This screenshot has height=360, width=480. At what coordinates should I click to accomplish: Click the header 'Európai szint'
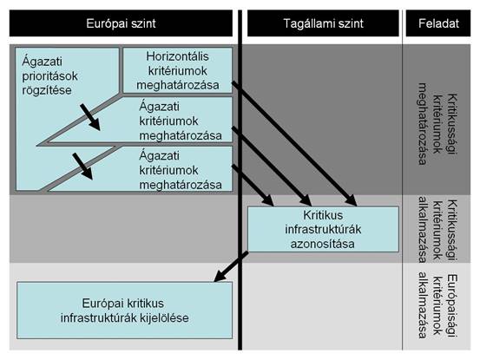(121, 23)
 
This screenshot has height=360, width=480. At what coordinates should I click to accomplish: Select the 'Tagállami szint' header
(323, 23)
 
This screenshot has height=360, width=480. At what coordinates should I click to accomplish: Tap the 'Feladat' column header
(438, 23)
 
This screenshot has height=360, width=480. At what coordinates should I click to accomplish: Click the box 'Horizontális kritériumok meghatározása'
(178, 70)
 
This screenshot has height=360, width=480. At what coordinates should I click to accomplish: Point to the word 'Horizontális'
(178, 56)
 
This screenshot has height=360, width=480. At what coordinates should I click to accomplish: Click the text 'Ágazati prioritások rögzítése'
(49, 75)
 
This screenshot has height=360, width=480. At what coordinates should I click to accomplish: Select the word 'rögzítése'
(47, 90)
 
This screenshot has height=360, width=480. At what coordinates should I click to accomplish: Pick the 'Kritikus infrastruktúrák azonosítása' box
(323, 229)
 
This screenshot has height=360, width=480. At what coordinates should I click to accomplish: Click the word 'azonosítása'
(323, 244)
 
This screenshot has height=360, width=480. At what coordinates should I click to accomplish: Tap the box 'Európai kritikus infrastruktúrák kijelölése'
(125, 311)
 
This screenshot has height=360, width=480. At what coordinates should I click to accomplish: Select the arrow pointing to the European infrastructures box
(231, 266)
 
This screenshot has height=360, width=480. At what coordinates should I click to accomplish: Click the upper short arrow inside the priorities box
(90, 117)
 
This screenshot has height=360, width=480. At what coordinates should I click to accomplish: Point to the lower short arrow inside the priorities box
(82, 166)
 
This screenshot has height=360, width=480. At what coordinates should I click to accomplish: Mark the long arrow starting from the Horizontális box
(294, 143)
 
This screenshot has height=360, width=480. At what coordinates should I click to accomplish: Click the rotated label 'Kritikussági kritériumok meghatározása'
(437, 123)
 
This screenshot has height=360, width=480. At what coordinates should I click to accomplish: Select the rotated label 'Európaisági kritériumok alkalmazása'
(437, 306)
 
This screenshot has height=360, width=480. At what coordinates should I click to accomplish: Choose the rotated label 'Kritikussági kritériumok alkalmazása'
(437, 230)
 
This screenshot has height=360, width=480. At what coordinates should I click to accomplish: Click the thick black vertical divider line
(240, 180)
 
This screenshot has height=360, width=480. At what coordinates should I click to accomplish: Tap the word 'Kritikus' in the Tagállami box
(323, 215)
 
